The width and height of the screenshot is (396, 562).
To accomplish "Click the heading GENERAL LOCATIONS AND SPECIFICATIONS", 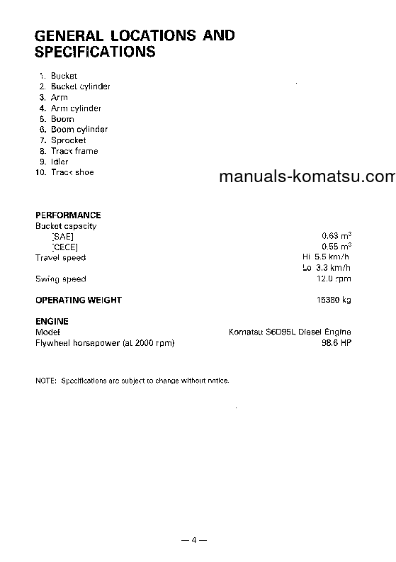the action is (135, 43).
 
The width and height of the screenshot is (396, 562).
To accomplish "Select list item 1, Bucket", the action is (63, 76).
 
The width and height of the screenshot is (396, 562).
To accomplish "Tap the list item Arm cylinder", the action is (76, 108).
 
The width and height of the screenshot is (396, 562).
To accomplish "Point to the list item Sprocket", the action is (68, 140).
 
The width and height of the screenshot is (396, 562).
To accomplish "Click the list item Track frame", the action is (74, 151).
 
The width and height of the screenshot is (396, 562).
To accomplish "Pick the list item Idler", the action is (60, 162).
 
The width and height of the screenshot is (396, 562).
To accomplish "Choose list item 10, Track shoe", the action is (72, 172).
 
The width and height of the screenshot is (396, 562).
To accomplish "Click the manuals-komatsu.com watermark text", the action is (307, 177).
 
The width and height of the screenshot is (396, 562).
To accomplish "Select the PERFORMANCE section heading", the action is (68, 215).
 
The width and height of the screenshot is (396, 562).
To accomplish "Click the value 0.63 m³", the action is (336, 237).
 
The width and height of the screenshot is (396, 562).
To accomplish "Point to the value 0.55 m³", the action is (336, 247).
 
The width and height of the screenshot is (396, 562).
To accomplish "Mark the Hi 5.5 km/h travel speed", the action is (326, 258).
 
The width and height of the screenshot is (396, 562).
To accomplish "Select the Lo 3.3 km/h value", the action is (326, 269).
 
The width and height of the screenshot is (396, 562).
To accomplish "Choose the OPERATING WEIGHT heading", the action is (79, 300).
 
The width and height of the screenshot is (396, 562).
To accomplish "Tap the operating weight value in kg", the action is (333, 300).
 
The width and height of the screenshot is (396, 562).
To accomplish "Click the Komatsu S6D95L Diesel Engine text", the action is (290, 332).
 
